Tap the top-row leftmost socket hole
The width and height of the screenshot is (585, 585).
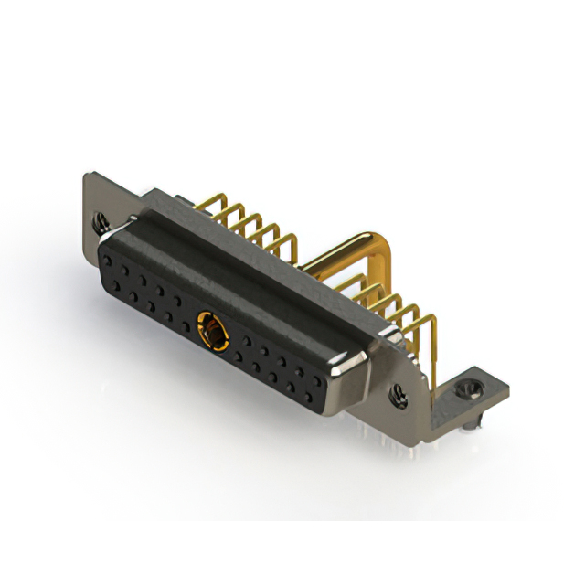click(108, 261)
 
